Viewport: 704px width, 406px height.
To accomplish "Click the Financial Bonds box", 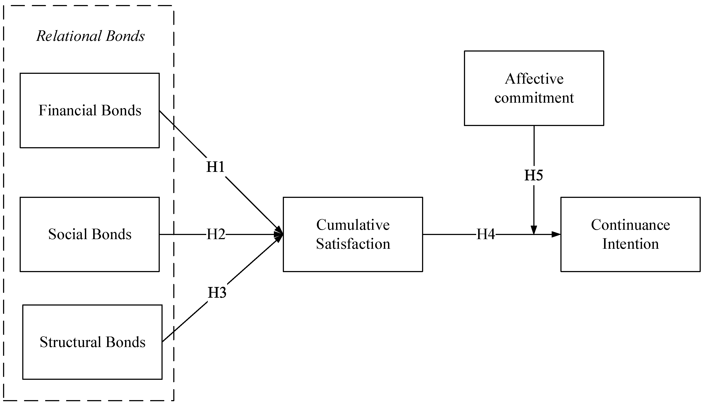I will click(89, 111).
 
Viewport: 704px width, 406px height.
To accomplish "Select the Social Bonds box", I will click(89, 234).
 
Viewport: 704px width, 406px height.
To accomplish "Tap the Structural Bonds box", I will click(92, 342).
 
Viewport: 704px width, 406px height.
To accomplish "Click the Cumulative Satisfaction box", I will click(353, 234).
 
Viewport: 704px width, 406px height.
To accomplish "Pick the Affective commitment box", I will click(534, 88).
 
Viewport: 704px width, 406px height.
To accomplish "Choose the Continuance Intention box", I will click(630, 234).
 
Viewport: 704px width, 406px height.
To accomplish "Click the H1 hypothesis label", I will click(215, 167).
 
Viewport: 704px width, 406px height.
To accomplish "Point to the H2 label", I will click(216, 234).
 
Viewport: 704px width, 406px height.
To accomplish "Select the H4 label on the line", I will click(486, 234).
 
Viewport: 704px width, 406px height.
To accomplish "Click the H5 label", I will click(534, 175).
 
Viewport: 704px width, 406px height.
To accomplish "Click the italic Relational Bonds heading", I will click(91, 36).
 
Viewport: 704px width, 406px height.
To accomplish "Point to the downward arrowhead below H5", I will click(534, 230).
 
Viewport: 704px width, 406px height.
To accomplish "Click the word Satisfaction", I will click(353, 244).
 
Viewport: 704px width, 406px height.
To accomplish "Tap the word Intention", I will click(630, 244).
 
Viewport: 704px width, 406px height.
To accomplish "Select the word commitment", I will click(534, 98).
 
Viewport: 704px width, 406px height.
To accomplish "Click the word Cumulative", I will click(353, 225).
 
